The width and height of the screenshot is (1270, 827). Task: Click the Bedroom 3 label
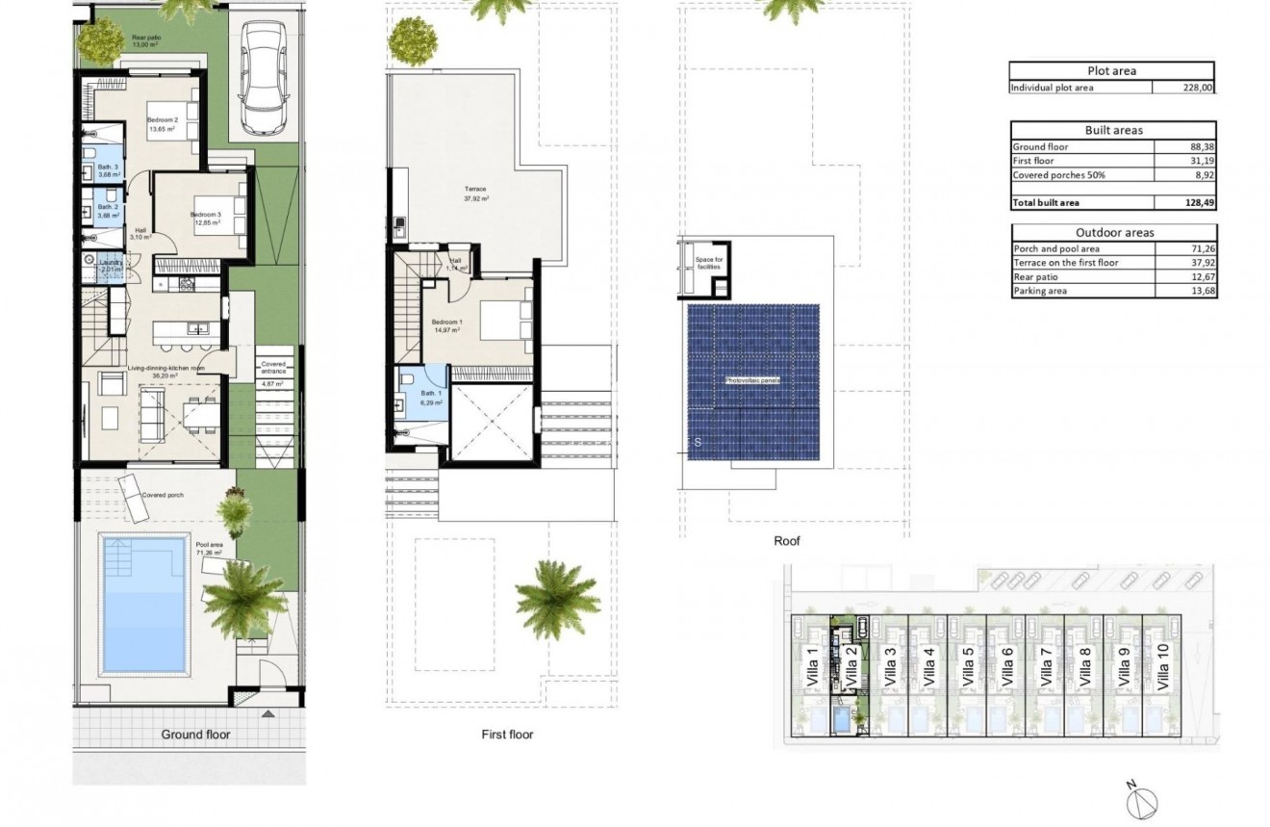(x=205, y=218)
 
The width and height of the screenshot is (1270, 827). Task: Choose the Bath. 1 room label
(x=430, y=397)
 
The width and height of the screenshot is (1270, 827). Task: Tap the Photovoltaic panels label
(x=751, y=381)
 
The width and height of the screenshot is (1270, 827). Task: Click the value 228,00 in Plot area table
(x=1197, y=88)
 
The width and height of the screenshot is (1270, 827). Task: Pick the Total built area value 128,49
(x=1197, y=203)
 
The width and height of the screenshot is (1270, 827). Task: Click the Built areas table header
(x=1113, y=130)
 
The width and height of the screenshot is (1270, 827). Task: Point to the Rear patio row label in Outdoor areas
(x=1037, y=276)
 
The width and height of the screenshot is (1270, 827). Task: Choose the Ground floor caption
(x=195, y=735)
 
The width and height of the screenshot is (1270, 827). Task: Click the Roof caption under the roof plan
(x=787, y=542)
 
